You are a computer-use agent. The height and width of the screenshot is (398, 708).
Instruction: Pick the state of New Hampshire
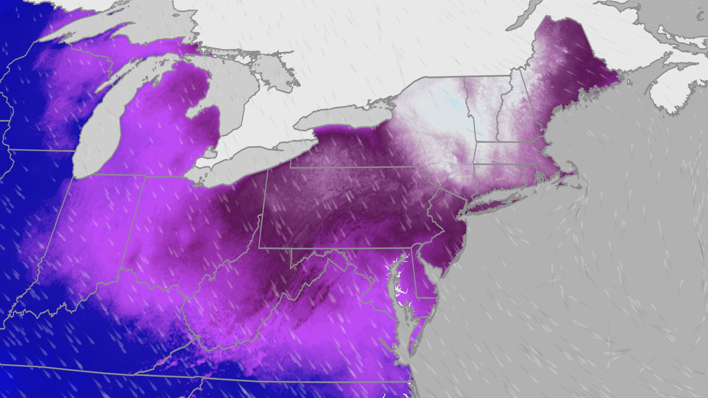tap(513, 118)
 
